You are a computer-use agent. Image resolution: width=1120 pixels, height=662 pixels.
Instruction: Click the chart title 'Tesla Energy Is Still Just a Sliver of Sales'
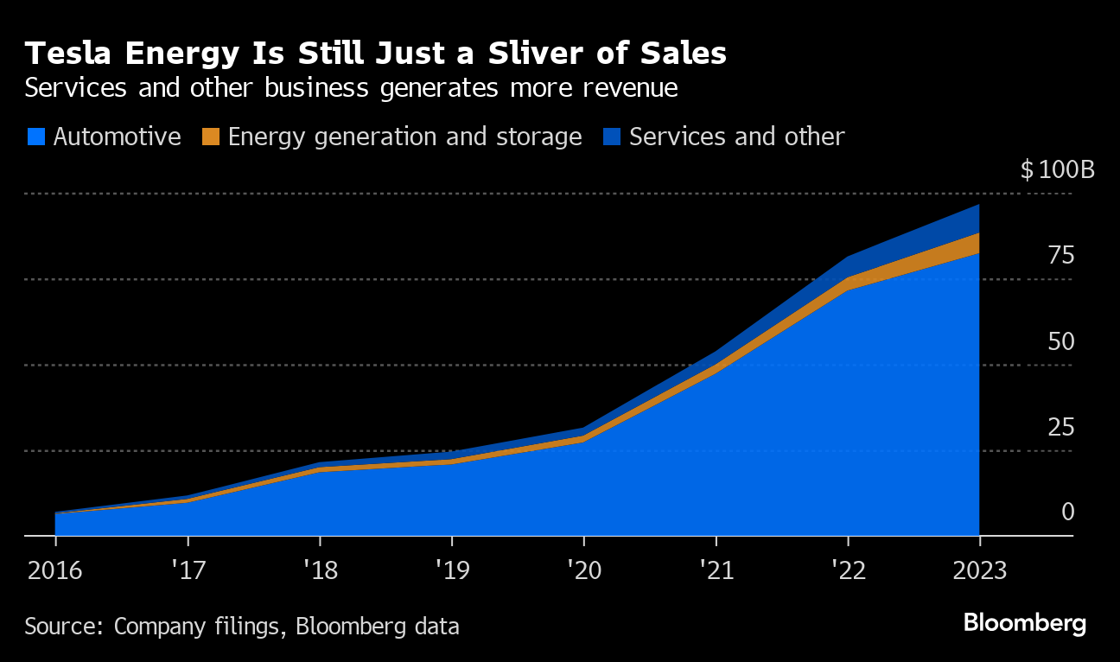[376, 54]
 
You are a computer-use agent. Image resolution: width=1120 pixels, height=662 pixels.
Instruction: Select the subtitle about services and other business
[351, 88]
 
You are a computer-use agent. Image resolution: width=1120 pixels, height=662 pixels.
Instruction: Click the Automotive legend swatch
[35, 137]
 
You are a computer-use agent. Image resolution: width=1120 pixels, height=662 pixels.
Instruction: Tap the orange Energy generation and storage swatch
[211, 137]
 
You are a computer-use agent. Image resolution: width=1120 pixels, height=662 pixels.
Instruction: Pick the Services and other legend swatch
[613, 137]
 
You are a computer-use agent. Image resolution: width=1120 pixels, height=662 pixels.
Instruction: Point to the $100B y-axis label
[1057, 169]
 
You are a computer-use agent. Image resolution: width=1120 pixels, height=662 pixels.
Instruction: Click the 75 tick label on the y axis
[1061, 256]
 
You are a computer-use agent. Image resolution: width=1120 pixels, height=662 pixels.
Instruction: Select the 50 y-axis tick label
[1061, 341]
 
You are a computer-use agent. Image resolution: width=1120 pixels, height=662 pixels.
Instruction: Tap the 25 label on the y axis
[1061, 427]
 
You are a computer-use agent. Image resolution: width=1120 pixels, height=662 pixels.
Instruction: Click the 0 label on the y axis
[1068, 512]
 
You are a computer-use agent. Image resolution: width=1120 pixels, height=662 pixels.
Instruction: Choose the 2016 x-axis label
[55, 570]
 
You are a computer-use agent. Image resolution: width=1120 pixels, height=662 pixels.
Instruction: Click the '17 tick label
[188, 570]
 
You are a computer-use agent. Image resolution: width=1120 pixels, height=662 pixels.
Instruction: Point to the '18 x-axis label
[320, 570]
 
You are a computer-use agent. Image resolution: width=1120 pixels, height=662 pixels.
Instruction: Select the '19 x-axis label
[452, 570]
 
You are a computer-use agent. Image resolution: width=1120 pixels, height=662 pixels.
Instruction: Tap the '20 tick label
[583, 570]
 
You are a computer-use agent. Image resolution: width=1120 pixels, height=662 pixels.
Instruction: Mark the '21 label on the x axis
[716, 570]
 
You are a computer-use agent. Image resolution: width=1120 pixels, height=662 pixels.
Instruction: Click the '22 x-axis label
[848, 570]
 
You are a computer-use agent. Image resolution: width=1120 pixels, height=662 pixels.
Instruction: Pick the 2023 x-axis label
[979, 570]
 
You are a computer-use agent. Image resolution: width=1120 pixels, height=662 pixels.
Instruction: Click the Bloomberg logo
[1025, 623]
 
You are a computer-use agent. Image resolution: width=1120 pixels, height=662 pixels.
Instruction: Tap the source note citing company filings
[242, 626]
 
